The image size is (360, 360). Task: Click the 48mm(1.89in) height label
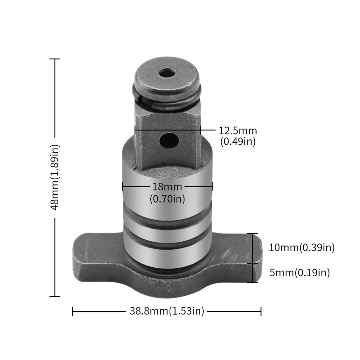click(x=55, y=177)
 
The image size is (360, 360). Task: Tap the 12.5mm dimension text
click(x=238, y=131)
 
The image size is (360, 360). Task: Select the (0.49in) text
click(x=238, y=141)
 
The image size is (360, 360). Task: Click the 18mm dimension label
click(x=167, y=187)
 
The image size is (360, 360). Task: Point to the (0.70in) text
click(x=167, y=198)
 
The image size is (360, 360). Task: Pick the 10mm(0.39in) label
click(x=301, y=247)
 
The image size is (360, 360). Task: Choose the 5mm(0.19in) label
click(x=299, y=272)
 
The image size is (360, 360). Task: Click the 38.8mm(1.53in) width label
click(x=167, y=311)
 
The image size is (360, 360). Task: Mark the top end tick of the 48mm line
click(x=55, y=59)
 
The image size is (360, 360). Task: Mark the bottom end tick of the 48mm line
click(x=55, y=296)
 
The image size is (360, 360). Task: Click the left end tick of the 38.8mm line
click(x=72, y=311)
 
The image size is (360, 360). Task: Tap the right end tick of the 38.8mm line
click(x=261, y=311)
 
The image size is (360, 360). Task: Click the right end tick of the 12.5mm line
click(x=200, y=130)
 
